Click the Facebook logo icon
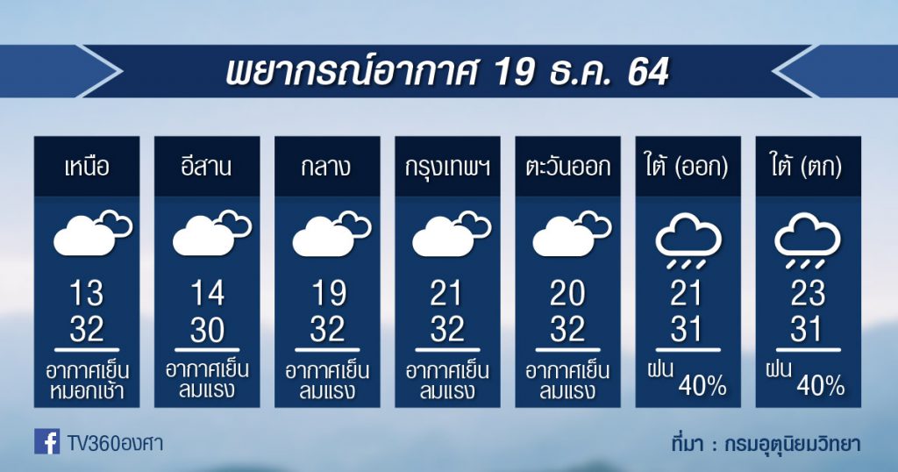pyautogui.click(x=46, y=441)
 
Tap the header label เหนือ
pyautogui.click(x=87, y=168)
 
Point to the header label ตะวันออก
pyautogui.click(x=568, y=168)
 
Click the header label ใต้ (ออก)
pyautogui.click(x=688, y=167)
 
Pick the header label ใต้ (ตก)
pyautogui.click(x=807, y=167)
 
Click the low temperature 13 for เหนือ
pyautogui.click(x=87, y=294)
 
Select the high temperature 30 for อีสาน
pyautogui.click(x=207, y=330)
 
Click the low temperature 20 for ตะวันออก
pyautogui.click(x=567, y=294)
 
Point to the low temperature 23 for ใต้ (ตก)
pyautogui.click(x=808, y=294)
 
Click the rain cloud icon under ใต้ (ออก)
pyautogui.click(x=688, y=241)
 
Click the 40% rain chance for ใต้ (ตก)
pyautogui.click(x=820, y=387)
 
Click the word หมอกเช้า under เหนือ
pyautogui.click(x=87, y=391)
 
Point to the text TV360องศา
pyautogui.click(x=115, y=443)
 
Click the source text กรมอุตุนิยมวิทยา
pyautogui.click(x=793, y=444)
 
